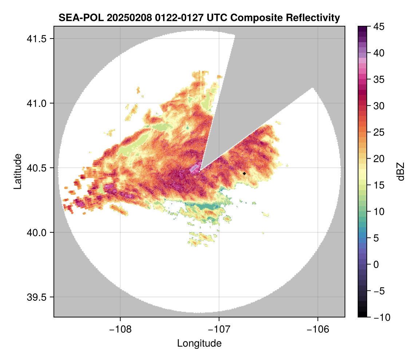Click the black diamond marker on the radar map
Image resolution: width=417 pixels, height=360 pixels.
click(244, 173)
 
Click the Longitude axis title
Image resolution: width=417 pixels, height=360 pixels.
click(199, 343)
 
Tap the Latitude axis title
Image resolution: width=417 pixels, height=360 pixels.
click(17, 171)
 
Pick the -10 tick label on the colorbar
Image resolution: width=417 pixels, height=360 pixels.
click(380, 317)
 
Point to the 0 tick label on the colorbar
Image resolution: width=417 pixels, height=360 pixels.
click(376, 264)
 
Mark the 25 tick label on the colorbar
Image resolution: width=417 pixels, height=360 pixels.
click(378, 132)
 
